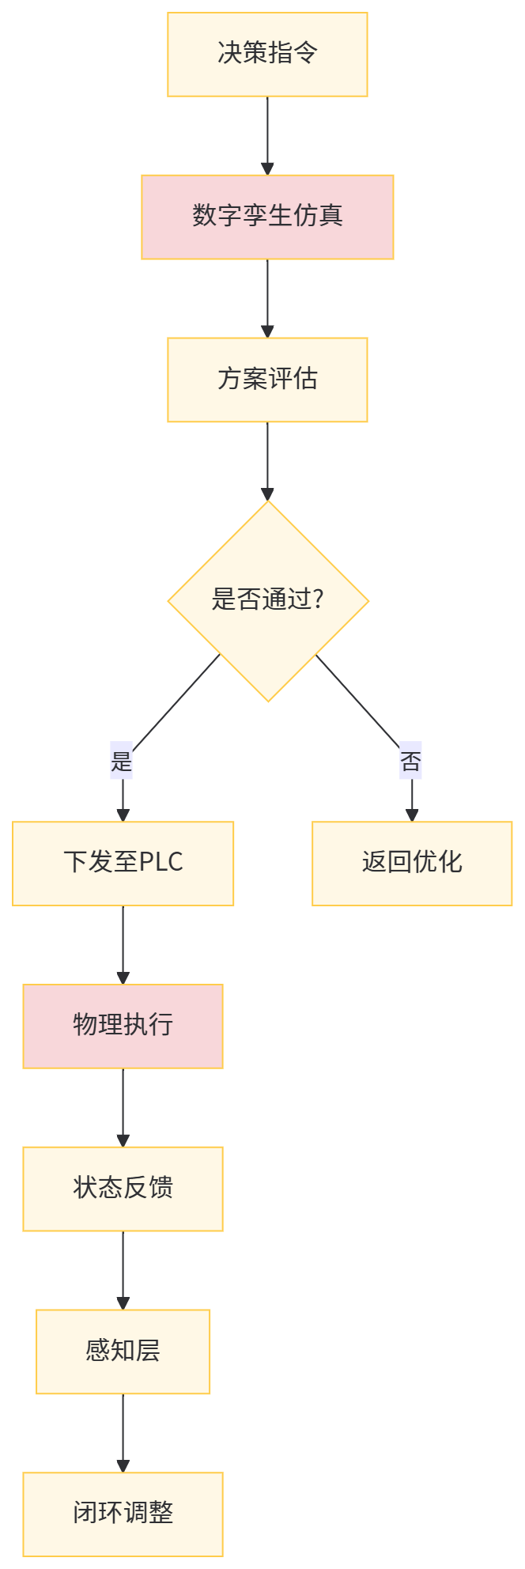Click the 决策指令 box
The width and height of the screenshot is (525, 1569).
coord(267,55)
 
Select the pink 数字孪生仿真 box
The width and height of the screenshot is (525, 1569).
coord(267,217)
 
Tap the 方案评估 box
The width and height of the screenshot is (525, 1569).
coord(267,380)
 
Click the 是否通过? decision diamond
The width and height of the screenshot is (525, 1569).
coord(268,600)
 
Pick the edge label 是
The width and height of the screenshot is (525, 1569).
coord(121,761)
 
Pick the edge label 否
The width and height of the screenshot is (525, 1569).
coord(411,761)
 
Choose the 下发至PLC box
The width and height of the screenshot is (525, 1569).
coord(123,863)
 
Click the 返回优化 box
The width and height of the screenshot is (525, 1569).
coord(412,863)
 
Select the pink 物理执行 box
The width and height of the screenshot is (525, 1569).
coord(123,1026)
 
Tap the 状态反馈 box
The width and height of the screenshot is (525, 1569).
coord(123,1189)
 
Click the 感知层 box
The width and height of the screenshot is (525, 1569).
coord(123,1352)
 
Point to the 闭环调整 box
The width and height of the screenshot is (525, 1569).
coord(123,1514)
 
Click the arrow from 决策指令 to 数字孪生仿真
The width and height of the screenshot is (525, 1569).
coord(267,134)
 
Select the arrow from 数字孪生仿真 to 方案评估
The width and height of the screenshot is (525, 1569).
coord(267,297)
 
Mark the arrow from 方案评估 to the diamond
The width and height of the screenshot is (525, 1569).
coord(267,460)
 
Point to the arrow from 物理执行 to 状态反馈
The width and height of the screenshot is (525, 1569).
coord(123,1106)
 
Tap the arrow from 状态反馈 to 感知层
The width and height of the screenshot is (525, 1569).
coord(123,1269)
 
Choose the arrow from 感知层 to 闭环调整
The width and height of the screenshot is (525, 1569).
coord(123,1432)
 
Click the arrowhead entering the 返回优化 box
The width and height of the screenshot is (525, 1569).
coord(412,815)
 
